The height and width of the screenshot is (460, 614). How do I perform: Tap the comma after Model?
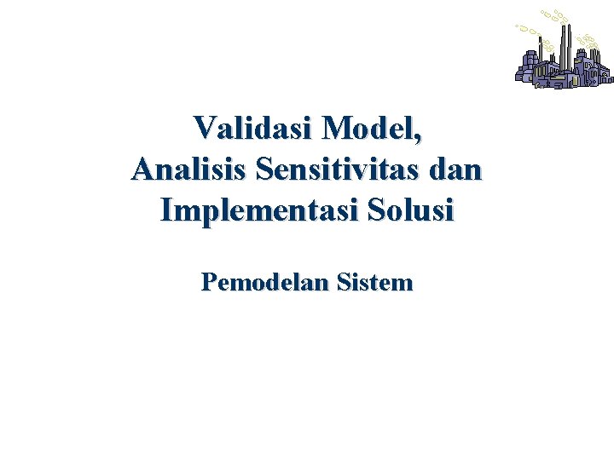tap(418, 136)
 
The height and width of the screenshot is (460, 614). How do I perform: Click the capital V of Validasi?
tap(205, 129)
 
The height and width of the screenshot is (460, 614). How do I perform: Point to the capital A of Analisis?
tap(142, 169)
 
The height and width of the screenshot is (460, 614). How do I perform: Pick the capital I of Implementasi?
tap(167, 210)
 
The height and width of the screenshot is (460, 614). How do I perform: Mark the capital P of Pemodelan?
tap(209, 282)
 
